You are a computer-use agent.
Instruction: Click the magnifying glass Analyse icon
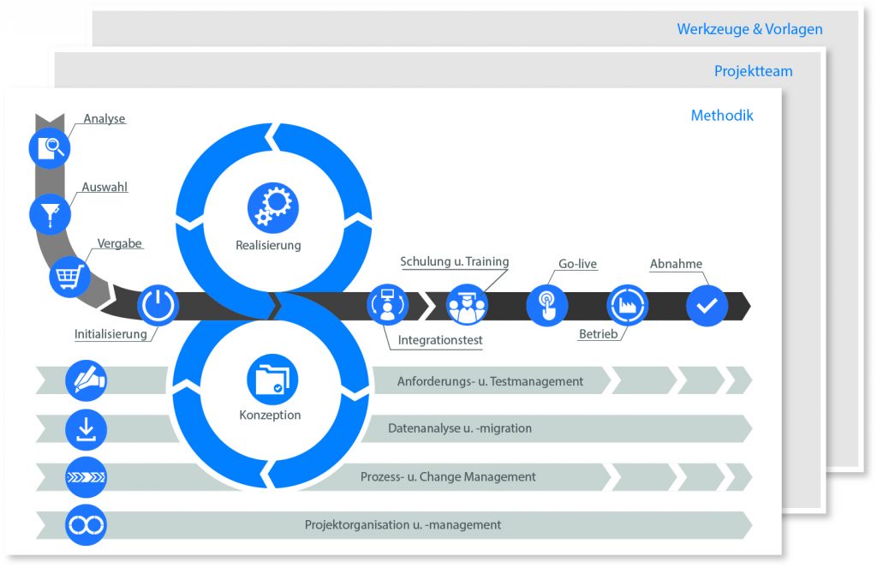(x=50, y=148)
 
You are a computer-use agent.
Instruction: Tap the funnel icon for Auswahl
(x=50, y=214)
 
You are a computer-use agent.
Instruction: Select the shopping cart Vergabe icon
(x=70, y=277)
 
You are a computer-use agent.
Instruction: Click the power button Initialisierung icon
(x=158, y=305)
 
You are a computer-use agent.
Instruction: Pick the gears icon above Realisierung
(x=273, y=207)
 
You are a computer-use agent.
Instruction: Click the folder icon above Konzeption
(x=272, y=380)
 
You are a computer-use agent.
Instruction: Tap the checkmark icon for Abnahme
(x=707, y=306)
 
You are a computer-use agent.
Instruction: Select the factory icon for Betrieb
(x=628, y=306)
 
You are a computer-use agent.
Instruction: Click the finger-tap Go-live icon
(x=547, y=306)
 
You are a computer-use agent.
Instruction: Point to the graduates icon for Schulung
(x=467, y=306)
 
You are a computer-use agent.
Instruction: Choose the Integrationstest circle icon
(x=387, y=305)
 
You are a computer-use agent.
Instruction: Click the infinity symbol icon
(x=86, y=525)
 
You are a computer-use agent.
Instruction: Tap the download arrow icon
(x=86, y=429)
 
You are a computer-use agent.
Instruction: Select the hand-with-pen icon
(x=86, y=380)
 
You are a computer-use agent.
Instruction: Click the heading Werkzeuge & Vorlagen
(x=749, y=29)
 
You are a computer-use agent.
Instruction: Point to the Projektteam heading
(x=754, y=72)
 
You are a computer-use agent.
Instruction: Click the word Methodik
(x=722, y=116)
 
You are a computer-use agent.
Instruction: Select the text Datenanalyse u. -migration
(x=460, y=428)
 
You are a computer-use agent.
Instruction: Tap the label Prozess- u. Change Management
(x=448, y=477)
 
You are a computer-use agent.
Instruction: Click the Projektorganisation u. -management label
(x=403, y=525)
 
